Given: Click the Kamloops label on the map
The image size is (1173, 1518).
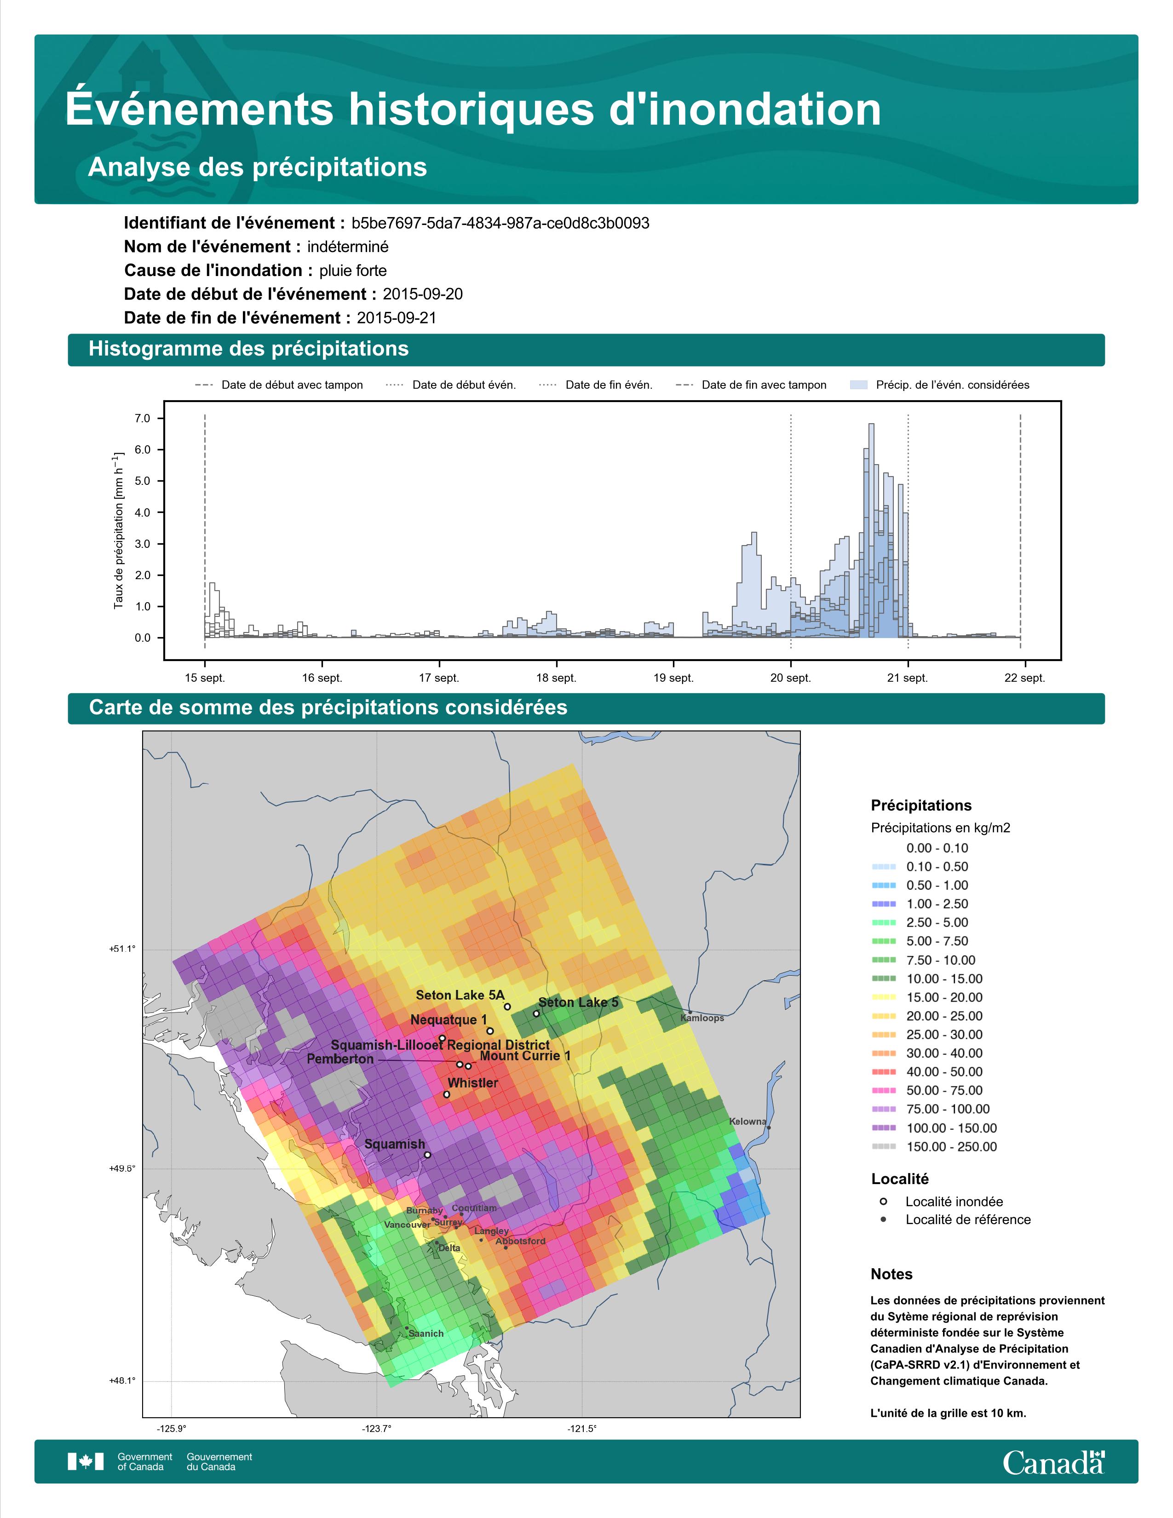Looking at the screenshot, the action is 702,1018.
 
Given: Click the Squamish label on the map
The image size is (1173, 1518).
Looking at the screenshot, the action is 395,1144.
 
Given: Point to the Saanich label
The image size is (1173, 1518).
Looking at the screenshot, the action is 426,1334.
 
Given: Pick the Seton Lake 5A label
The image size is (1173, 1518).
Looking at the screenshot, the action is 460,995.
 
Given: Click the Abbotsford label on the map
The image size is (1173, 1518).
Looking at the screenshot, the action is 520,1242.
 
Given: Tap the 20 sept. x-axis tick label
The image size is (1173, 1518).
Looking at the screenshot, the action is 791,678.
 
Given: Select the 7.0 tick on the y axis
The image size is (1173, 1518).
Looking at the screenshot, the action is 143,419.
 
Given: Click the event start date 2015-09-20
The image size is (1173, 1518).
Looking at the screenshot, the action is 422,294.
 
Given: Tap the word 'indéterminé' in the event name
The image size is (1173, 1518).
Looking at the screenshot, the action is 348,247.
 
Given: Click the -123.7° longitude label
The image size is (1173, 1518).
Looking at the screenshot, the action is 377,1424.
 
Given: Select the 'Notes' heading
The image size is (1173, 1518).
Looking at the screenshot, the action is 891,1274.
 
